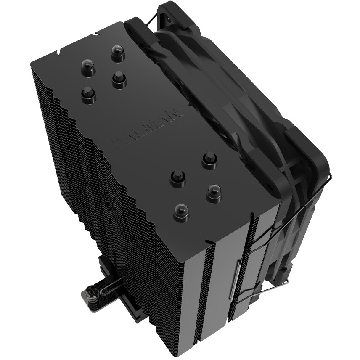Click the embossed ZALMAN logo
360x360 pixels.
coord(147,128)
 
